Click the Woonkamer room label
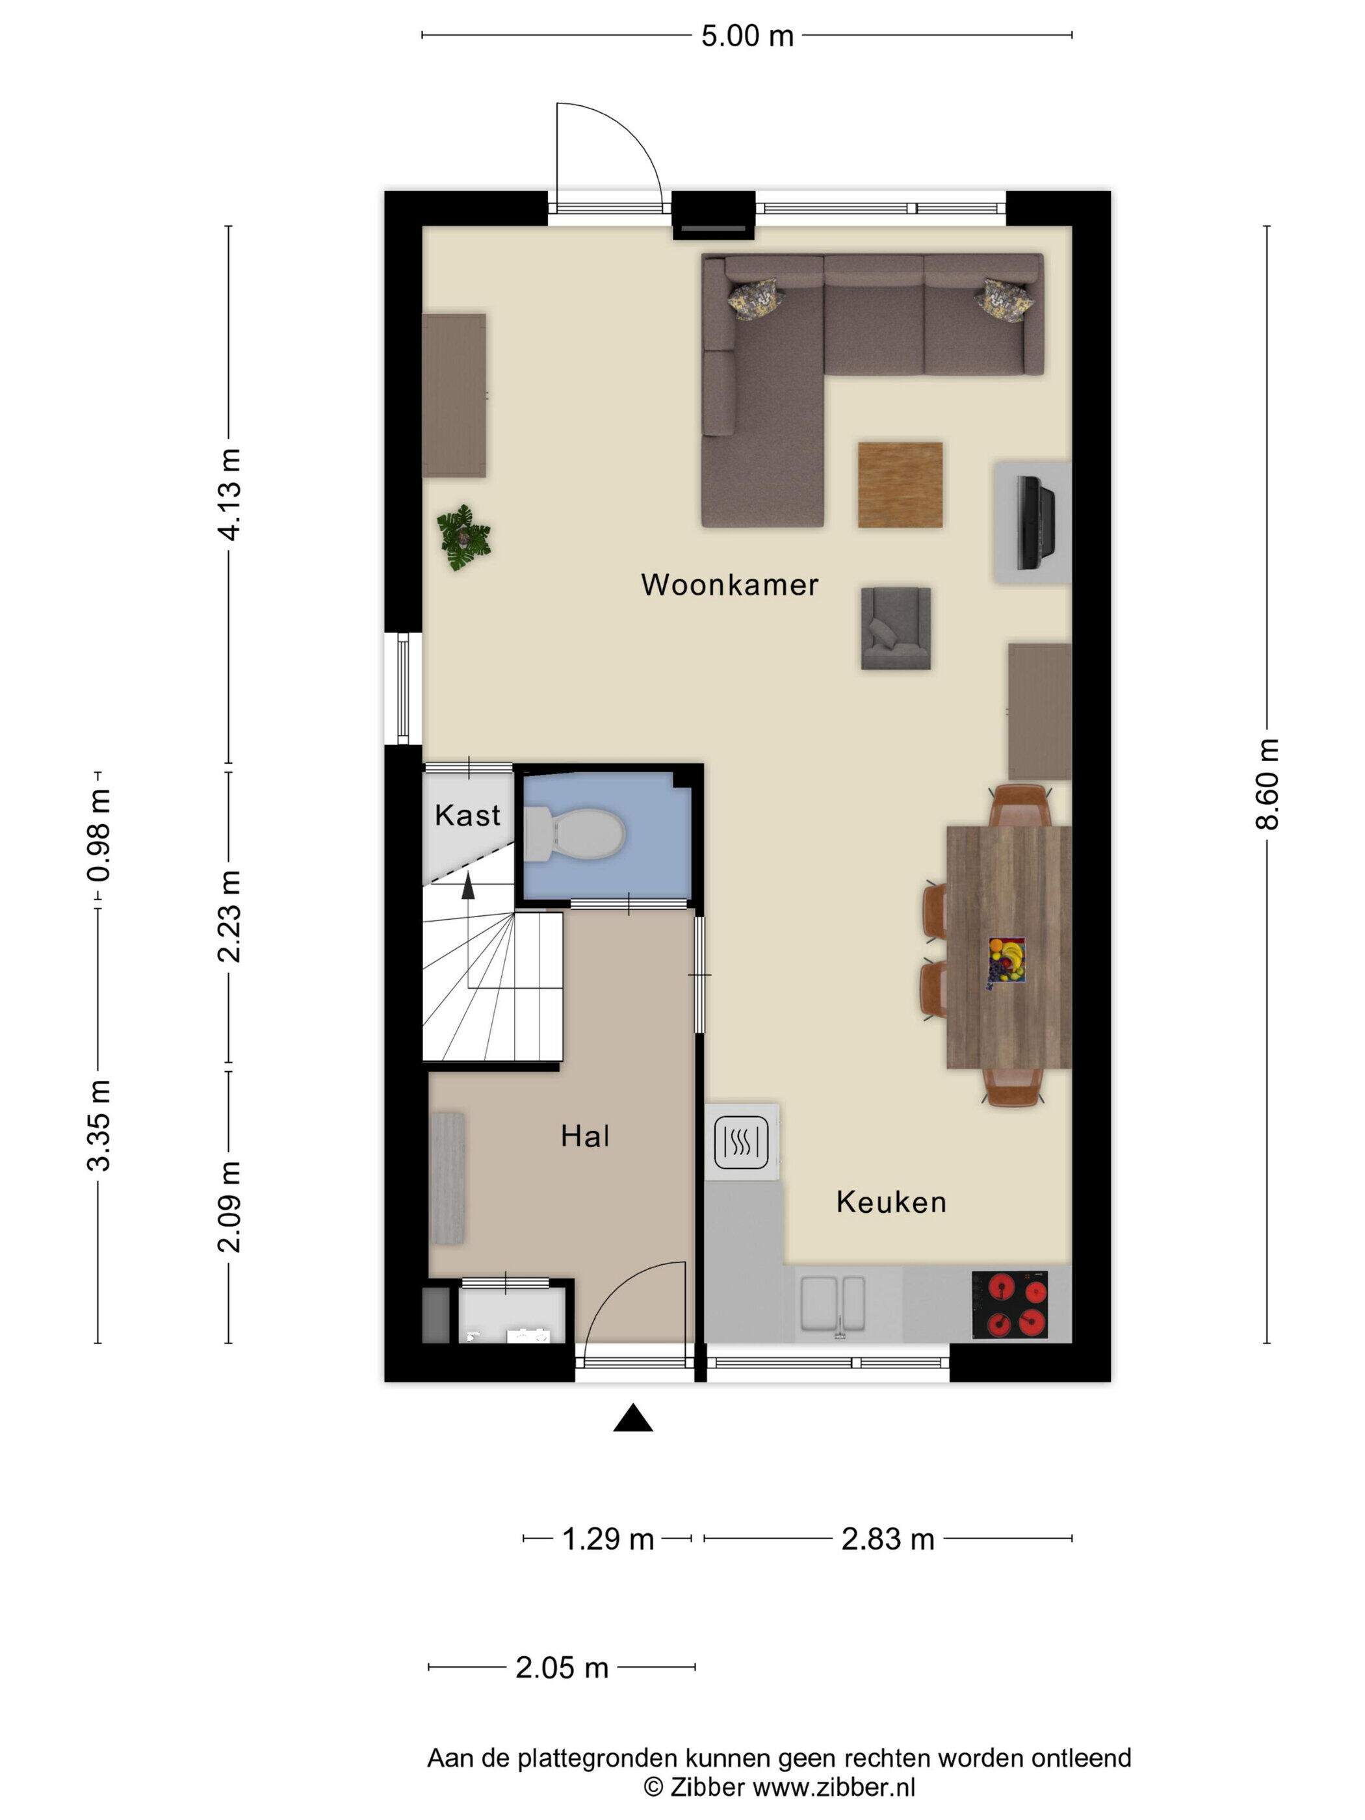click(729, 585)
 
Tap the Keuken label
click(891, 1202)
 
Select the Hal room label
click(585, 1136)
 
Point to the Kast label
click(467, 815)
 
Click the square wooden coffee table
click(900, 485)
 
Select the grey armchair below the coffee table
click(896, 628)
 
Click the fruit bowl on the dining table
click(1007, 959)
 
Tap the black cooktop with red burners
click(1009, 1305)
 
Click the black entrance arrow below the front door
click(632, 1418)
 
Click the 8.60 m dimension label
click(1267, 783)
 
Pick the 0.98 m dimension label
click(99, 835)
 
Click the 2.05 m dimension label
click(562, 1668)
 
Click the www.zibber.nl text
click(833, 1786)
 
